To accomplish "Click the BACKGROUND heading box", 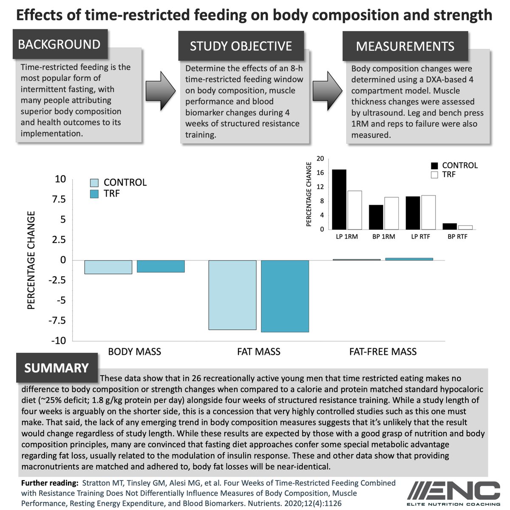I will coord(59,45).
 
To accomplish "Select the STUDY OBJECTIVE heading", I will coord(241,46).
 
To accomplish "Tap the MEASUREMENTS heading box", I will coord(405,46).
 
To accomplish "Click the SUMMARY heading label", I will coord(57,368).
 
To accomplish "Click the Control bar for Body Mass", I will coord(108,267).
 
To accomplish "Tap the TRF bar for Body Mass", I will coord(161,266).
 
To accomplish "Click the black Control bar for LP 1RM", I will coord(339,199).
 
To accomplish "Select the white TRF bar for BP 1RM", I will coord(391,213).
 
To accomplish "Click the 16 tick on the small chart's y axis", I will coord(320,173).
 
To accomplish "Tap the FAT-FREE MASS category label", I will coord(382,351).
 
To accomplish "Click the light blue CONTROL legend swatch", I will coord(94,183).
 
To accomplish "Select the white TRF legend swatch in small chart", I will coord(434,175).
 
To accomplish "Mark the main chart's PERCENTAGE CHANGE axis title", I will coord(31,260).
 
